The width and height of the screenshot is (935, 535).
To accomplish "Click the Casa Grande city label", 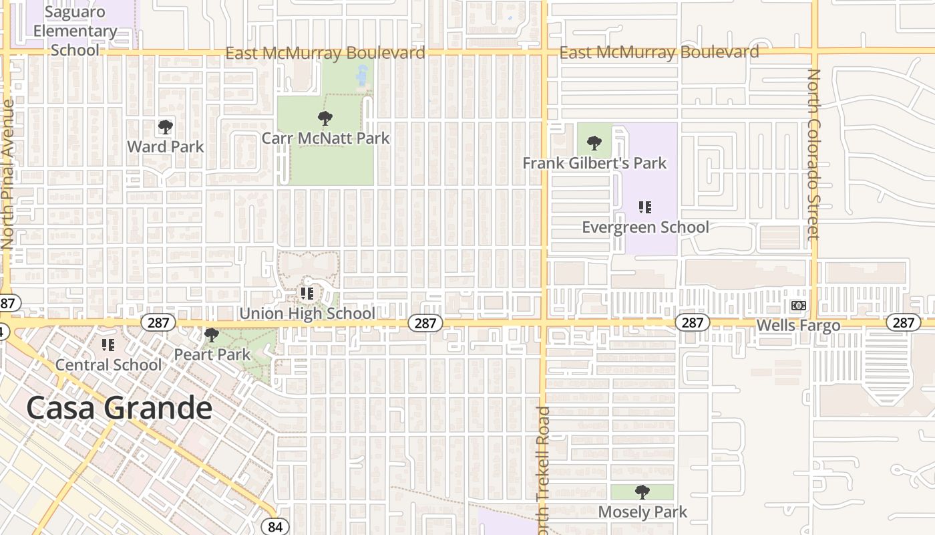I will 120,407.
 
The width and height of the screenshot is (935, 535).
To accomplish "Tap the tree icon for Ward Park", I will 165,126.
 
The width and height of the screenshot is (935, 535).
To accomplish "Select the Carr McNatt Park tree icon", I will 325,118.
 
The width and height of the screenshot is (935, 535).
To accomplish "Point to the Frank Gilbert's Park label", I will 594,163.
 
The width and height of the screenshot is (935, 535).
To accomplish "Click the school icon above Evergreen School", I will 644,207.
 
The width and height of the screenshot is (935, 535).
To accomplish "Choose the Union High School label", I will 307,314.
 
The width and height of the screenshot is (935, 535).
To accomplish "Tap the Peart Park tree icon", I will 212,334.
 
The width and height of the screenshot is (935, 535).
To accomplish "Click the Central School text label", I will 108,364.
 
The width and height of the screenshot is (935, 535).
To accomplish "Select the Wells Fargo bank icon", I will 798,306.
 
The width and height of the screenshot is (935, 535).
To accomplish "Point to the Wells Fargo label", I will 798,326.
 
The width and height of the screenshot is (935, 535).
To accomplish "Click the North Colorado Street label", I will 813,154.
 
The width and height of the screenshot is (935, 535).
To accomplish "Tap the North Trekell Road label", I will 543,468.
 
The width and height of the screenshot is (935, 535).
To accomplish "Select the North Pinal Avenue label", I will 8,174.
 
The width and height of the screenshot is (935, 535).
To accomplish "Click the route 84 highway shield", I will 275,526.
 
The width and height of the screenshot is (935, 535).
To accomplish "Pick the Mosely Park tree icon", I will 642,492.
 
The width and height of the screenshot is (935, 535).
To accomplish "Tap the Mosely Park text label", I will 642,512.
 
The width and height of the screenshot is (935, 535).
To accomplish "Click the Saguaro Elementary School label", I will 75,31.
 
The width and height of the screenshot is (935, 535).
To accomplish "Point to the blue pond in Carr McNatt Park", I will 362,76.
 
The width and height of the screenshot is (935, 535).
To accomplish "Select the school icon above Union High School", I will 307,293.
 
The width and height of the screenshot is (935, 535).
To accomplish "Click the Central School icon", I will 108,345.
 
